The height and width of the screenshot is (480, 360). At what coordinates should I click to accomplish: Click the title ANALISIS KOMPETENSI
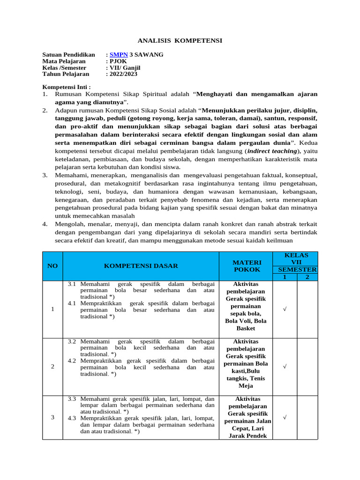180,41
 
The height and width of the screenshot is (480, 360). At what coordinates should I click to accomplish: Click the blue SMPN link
115,55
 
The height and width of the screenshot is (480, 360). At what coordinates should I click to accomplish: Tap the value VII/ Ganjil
125,67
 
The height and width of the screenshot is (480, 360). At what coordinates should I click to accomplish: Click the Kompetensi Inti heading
66,87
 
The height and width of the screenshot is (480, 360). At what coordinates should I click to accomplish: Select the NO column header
52,266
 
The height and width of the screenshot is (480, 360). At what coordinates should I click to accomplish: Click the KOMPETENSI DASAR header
141,266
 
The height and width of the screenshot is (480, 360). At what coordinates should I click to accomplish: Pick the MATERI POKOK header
247,266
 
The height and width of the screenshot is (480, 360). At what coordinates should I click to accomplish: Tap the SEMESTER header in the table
297,270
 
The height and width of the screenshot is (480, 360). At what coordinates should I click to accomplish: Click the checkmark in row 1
284,309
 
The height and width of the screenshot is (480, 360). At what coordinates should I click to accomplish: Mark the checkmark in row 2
284,367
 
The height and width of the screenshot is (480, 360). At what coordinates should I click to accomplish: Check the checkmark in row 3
284,417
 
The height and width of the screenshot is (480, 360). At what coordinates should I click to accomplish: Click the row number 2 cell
52,367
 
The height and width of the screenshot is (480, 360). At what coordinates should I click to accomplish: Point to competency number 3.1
72,284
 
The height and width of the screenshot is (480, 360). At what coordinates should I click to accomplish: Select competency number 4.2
72,361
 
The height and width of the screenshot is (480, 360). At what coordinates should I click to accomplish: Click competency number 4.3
72,418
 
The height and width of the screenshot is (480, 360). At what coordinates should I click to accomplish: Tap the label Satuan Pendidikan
68,55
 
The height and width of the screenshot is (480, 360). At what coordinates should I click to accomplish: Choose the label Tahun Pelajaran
66,74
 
